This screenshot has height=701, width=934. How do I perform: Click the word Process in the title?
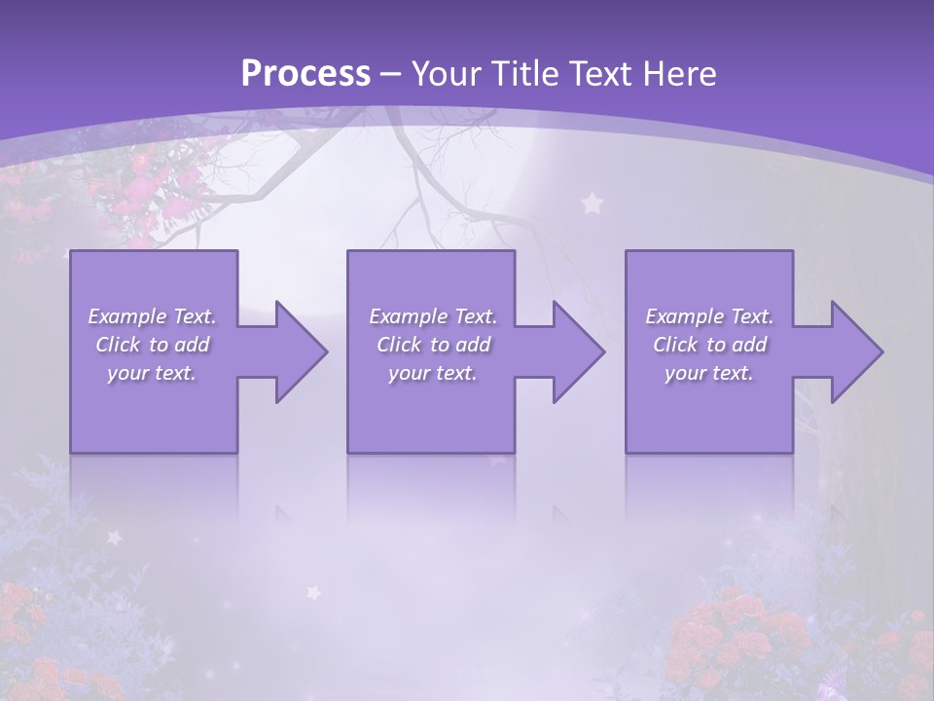click(305, 74)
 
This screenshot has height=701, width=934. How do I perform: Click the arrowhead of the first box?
click(298, 351)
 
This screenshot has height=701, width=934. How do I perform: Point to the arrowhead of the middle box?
click(575, 351)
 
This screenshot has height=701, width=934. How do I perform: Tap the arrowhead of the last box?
click(853, 351)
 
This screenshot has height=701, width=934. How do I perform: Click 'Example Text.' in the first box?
click(152, 316)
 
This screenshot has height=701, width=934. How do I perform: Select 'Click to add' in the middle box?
click(433, 345)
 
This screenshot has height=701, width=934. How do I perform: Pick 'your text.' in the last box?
click(709, 373)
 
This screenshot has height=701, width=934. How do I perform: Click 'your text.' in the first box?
click(152, 373)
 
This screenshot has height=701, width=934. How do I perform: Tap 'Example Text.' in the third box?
click(709, 316)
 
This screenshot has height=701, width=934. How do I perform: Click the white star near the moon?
click(591, 203)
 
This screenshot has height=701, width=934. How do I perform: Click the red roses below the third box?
click(739, 633)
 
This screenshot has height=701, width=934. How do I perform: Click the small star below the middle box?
click(313, 591)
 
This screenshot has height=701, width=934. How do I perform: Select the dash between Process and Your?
click(391, 74)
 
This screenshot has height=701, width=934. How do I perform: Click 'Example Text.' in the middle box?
click(433, 316)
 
